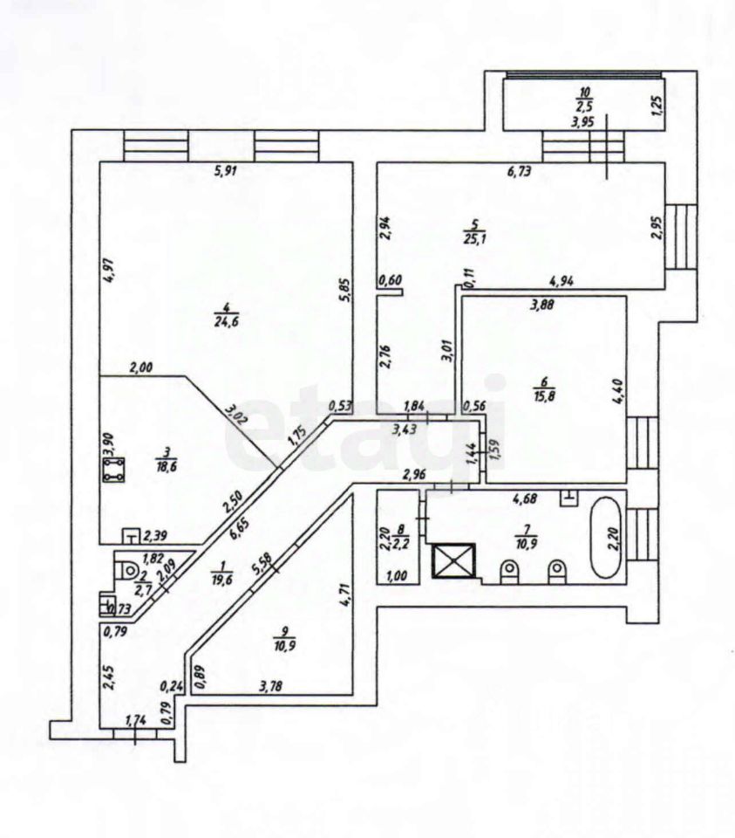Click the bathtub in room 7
[605, 538]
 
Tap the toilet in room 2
[127, 570]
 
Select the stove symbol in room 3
[113, 470]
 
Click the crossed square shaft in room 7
[453, 560]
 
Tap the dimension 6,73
[519, 172]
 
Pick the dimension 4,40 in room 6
[619, 393]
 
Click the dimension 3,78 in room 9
[270, 686]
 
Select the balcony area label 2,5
[585, 106]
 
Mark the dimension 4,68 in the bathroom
[525, 499]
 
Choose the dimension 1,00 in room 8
[396, 575]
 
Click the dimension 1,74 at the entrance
[135, 720]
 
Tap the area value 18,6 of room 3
[167, 465]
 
